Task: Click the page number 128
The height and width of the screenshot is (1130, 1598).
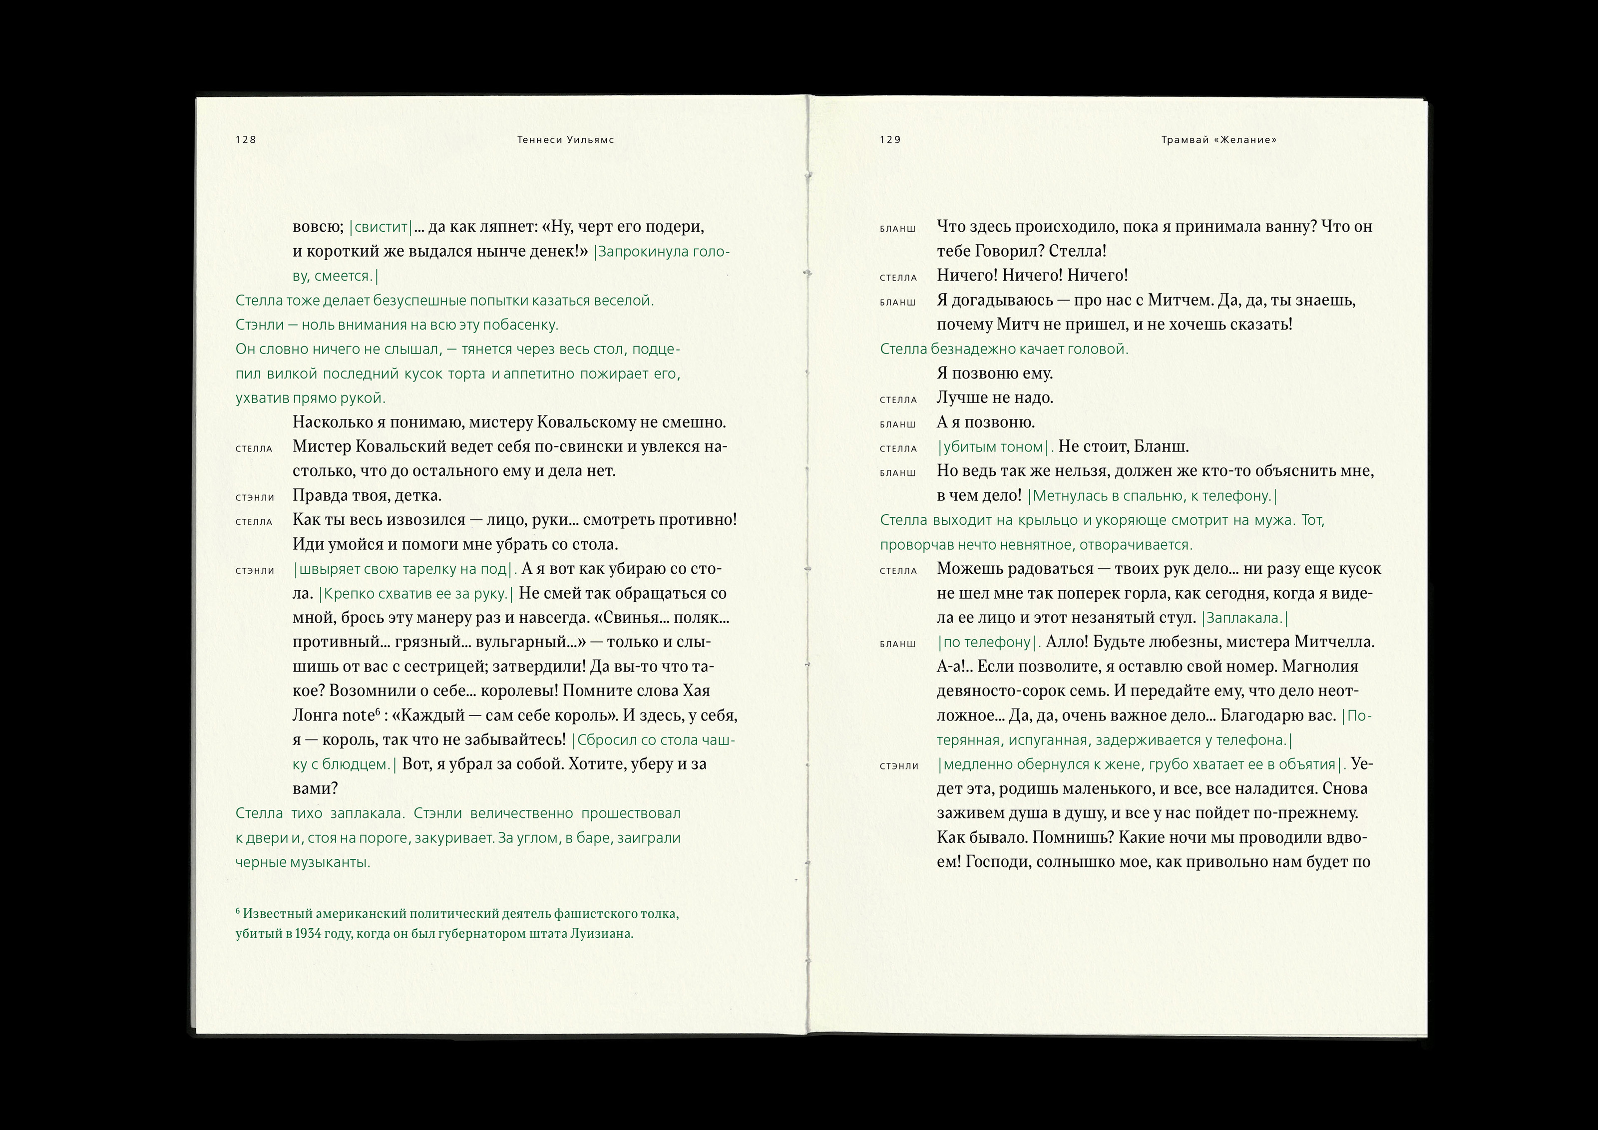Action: (x=246, y=140)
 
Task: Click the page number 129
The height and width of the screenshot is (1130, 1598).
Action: (x=890, y=140)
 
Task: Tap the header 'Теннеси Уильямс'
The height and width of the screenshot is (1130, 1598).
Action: (x=565, y=140)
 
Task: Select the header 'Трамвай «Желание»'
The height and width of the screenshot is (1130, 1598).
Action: (x=1218, y=140)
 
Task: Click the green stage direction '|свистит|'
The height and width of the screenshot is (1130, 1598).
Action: (x=381, y=227)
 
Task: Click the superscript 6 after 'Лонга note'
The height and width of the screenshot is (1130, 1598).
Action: (x=378, y=711)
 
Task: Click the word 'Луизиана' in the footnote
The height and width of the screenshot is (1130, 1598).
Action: (x=601, y=934)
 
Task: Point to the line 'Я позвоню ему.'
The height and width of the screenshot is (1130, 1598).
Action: (x=995, y=374)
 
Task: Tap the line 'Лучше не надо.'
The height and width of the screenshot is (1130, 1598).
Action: (x=995, y=398)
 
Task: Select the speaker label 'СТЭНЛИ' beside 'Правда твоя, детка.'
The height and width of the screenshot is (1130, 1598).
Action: (x=255, y=497)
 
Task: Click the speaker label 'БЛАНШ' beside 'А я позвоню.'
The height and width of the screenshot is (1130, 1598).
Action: (x=897, y=424)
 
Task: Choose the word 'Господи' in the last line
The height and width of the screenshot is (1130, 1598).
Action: (x=998, y=862)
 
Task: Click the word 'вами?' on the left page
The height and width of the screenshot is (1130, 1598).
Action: (x=315, y=789)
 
